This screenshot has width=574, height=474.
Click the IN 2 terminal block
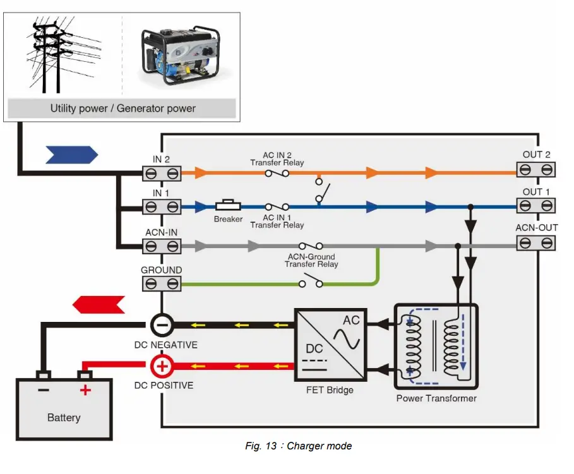point(161,172)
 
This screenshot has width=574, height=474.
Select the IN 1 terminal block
point(161,207)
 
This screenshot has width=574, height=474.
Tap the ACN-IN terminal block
point(161,244)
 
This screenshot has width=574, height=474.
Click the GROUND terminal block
point(161,284)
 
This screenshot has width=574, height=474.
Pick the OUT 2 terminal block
point(536,169)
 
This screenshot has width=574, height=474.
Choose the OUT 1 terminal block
point(536,206)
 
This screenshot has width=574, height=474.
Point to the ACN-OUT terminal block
point(536,242)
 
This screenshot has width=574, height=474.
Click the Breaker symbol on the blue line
point(228,206)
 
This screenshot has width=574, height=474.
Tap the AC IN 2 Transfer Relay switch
point(277,172)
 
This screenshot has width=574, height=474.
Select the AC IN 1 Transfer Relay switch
point(277,206)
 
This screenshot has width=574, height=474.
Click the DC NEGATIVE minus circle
point(162,325)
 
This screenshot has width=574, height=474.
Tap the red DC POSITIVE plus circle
point(162,365)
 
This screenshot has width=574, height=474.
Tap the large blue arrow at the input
point(72,154)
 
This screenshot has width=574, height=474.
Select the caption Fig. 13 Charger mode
point(298,446)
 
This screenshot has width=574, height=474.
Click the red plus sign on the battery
point(85,390)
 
